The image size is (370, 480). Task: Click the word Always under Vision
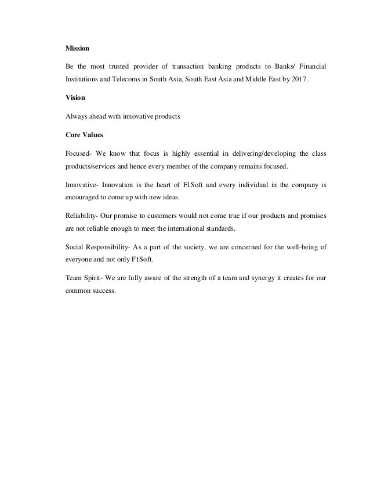76,116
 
